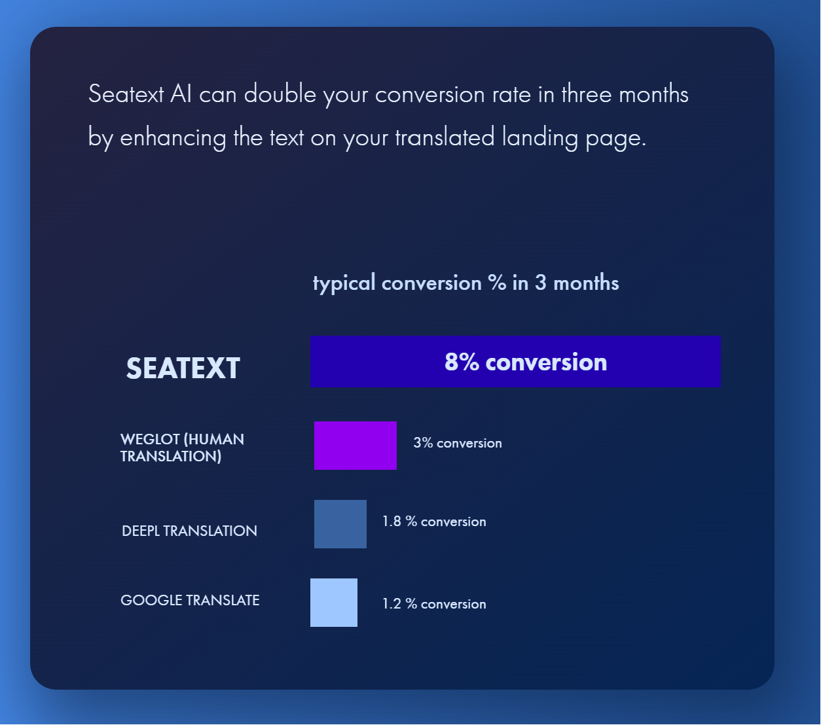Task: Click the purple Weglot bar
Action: point(355,445)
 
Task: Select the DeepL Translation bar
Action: point(340,523)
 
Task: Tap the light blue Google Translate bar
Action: point(333,602)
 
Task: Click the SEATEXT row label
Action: point(183,368)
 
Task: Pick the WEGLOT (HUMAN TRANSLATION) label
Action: point(182,448)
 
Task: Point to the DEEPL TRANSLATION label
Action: point(189,531)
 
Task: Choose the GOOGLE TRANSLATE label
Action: point(190,600)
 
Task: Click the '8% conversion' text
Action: point(525,362)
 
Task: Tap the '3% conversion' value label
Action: point(457,443)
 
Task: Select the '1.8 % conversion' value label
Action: point(434,522)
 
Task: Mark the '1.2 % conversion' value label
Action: point(434,604)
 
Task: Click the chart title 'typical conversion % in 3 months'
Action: point(465,283)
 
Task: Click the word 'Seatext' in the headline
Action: point(126,94)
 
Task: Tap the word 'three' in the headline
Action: point(586,94)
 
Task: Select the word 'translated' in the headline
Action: point(445,137)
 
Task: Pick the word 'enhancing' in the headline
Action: point(173,138)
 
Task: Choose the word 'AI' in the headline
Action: point(181,94)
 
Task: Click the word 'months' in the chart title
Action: point(586,283)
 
